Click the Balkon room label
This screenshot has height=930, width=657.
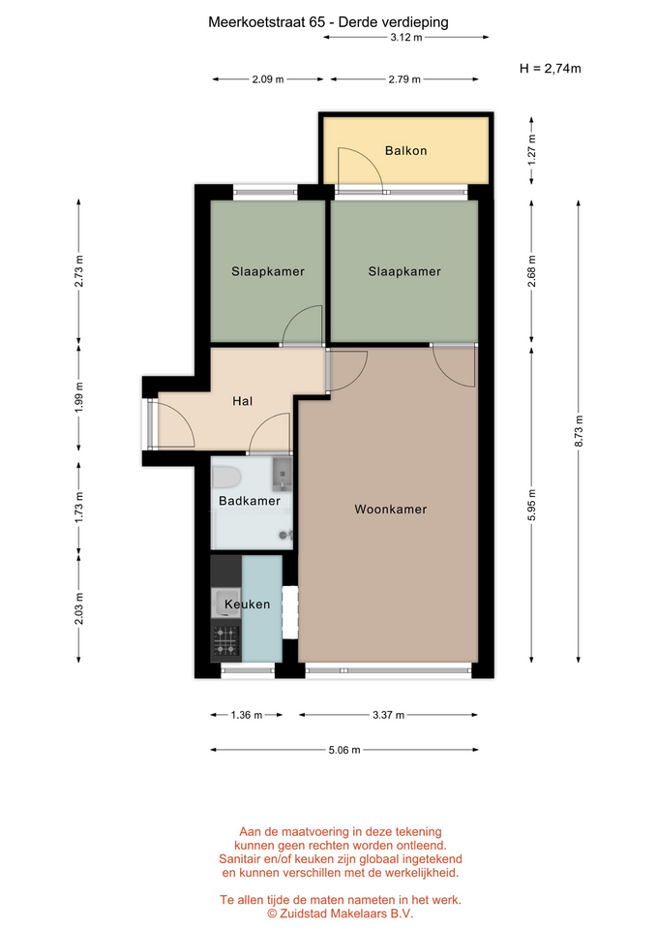tap(405, 151)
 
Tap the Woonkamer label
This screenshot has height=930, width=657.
tap(390, 509)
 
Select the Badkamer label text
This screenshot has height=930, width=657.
tap(250, 501)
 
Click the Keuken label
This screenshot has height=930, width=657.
tap(247, 604)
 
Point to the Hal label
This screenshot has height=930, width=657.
tap(242, 401)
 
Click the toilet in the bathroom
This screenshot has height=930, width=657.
tap(225, 477)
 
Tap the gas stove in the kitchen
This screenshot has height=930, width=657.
tap(226, 641)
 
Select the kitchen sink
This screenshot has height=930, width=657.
tap(225, 602)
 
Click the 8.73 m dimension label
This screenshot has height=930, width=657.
tap(580, 431)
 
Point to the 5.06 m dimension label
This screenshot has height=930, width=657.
tap(344, 750)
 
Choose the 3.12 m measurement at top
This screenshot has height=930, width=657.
tap(406, 38)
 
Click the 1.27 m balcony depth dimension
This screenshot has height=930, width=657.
tap(532, 149)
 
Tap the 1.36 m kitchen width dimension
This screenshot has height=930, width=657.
tap(247, 715)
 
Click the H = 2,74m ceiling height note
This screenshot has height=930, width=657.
tap(551, 68)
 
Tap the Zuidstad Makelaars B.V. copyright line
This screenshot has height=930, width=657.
tap(340, 914)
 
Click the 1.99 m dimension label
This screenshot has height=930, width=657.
tap(78, 397)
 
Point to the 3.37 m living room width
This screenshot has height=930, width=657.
tap(389, 715)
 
